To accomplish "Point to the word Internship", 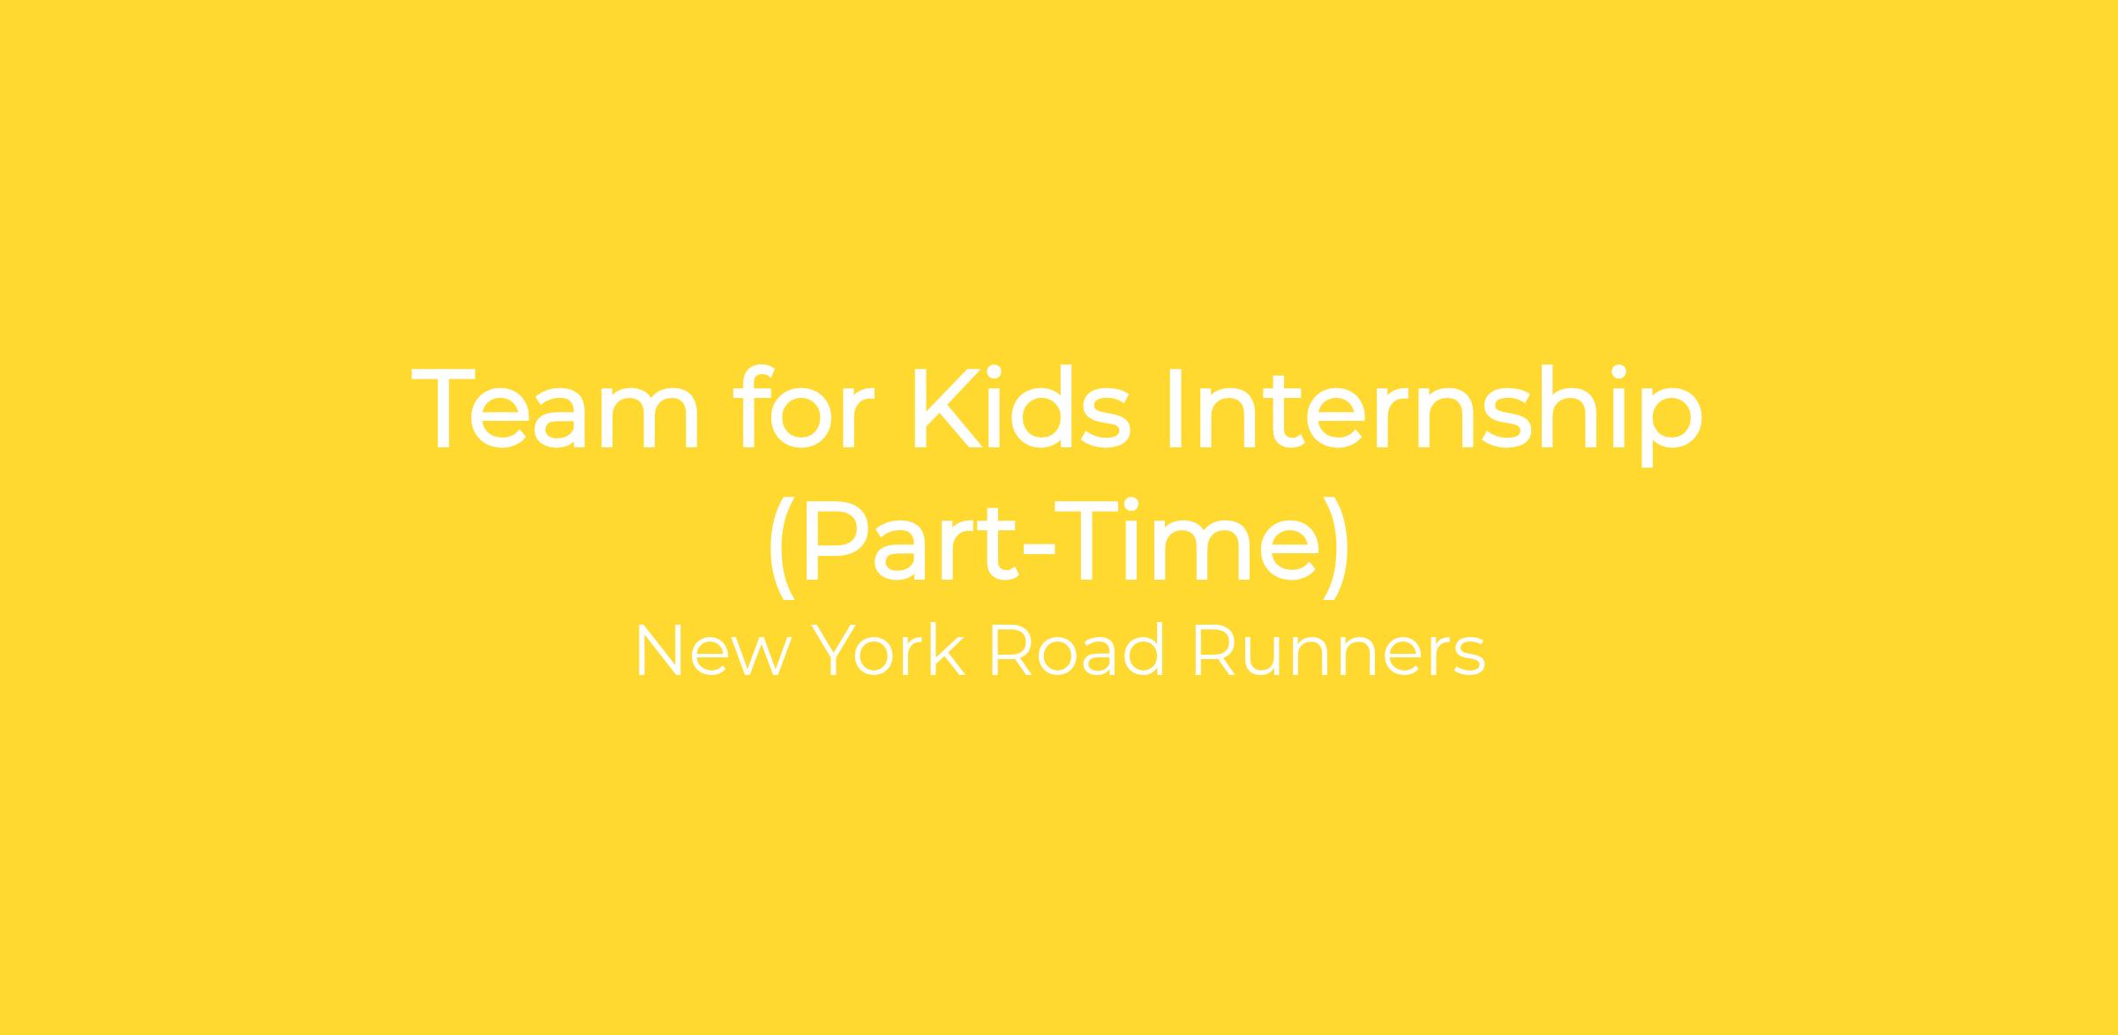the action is click(x=1435, y=414).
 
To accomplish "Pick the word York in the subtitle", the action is click(x=888, y=651).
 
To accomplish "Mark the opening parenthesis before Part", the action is click(x=782, y=547).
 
